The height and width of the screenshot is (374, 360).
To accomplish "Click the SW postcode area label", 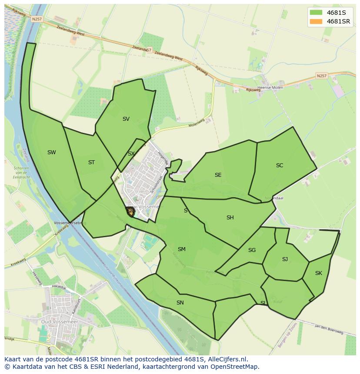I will point(52,152).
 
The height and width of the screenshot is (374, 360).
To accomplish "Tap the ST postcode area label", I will point(91,162).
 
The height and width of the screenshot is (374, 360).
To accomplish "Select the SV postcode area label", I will point(126,119).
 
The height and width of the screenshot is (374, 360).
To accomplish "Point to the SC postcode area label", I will point(280,165).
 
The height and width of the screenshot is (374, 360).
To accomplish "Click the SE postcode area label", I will point(218,175).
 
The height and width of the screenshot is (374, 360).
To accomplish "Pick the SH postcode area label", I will point(230,218).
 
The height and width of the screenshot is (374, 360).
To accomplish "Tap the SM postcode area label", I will point(182,249).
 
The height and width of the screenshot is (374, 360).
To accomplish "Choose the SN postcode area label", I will point(180,303).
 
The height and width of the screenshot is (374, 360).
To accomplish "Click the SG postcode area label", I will point(252,250).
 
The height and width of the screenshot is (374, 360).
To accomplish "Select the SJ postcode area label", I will point(285,259).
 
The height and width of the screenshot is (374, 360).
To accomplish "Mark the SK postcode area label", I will point(319,273).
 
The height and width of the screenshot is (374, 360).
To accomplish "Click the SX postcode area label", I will point(131,154).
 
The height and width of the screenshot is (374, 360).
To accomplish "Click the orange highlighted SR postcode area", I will point(130,212).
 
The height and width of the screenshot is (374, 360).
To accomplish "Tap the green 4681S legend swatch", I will point(316,12).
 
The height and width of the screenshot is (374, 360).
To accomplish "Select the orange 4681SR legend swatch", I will point(316,21).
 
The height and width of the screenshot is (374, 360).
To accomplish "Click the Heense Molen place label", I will point(270,88).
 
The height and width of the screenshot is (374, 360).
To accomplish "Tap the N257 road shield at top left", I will point(36,19).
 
